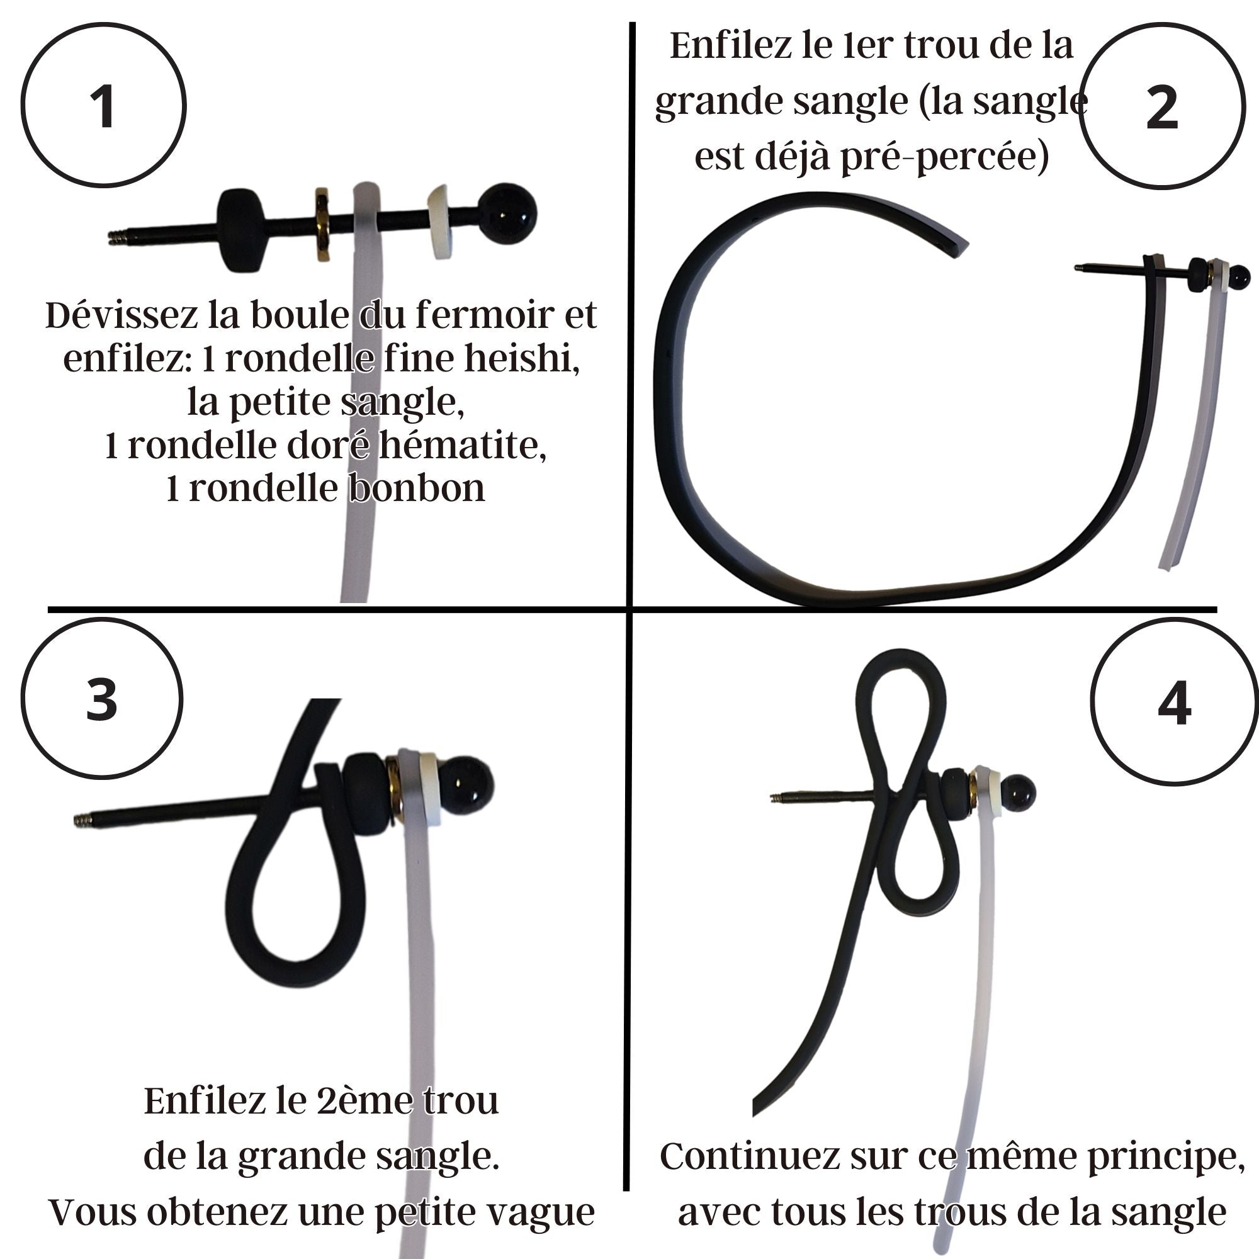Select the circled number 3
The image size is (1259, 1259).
[101, 699]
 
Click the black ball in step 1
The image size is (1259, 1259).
[508, 212]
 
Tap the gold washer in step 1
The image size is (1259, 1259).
[322, 225]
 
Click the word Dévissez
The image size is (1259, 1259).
[122, 315]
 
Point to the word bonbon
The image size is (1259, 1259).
[419, 488]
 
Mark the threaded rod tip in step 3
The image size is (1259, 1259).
[82, 821]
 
